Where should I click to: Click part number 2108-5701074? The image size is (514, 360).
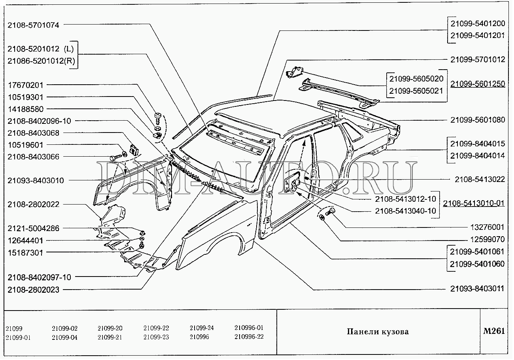click(33, 25)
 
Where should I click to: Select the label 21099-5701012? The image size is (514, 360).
click(477, 60)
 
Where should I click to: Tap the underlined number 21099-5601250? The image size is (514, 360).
click(477, 84)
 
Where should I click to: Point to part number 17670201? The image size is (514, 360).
click(26, 85)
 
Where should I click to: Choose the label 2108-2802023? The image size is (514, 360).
click(33, 290)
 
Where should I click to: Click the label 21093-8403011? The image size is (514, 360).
click(477, 288)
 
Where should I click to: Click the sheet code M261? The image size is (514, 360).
click(494, 331)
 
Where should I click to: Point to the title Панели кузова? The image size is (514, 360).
click(378, 332)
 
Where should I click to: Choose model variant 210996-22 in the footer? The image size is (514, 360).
click(249, 337)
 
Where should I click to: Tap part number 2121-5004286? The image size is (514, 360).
click(33, 228)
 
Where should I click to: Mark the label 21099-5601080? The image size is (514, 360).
click(477, 119)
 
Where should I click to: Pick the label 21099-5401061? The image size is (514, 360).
click(477, 251)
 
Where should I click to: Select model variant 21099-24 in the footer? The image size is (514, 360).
click(202, 328)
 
